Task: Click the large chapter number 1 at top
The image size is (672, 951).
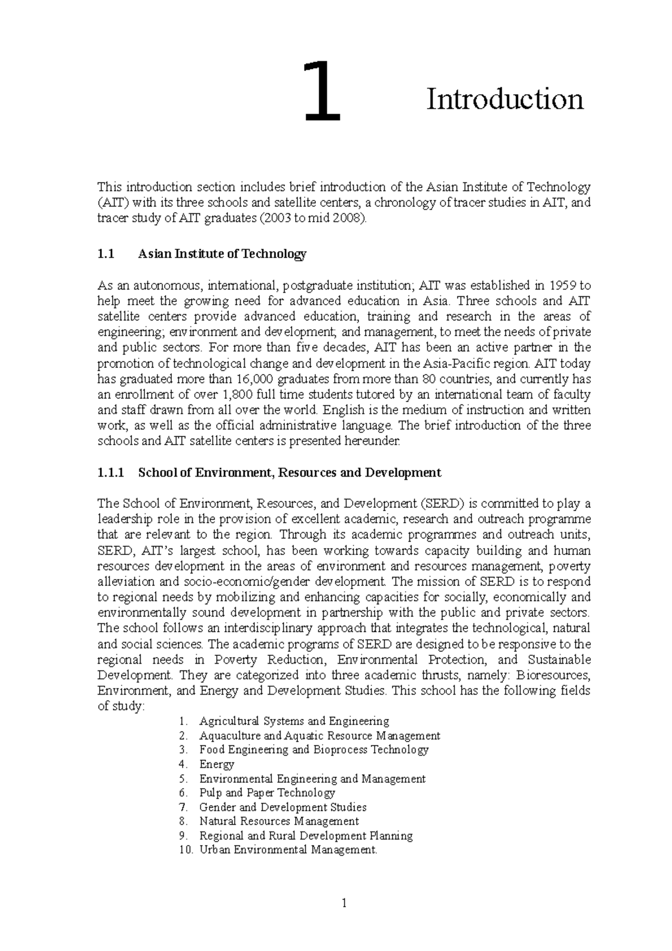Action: [322, 92]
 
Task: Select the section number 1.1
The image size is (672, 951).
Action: [105, 254]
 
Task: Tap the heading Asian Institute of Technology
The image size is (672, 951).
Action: [222, 254]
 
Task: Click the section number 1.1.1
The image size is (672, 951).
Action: [110, 472]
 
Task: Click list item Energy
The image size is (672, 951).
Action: [216, 764]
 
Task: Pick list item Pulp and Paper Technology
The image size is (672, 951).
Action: [267, 792]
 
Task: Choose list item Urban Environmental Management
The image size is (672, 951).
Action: [288, 850]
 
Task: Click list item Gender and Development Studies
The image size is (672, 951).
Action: [283, 807]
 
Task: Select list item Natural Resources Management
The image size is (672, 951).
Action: [279, 821]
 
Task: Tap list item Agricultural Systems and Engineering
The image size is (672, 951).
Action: [294, 721]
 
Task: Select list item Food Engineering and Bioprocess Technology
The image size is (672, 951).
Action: [314, 749]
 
